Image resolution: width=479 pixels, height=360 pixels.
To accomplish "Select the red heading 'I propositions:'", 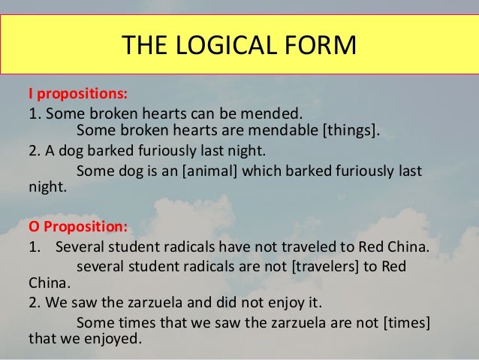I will pos(77,96).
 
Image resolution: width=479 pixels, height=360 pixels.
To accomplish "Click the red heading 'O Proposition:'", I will pos(78,226).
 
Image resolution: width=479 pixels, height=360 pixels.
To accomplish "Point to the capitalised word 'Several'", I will pos(80,247).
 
